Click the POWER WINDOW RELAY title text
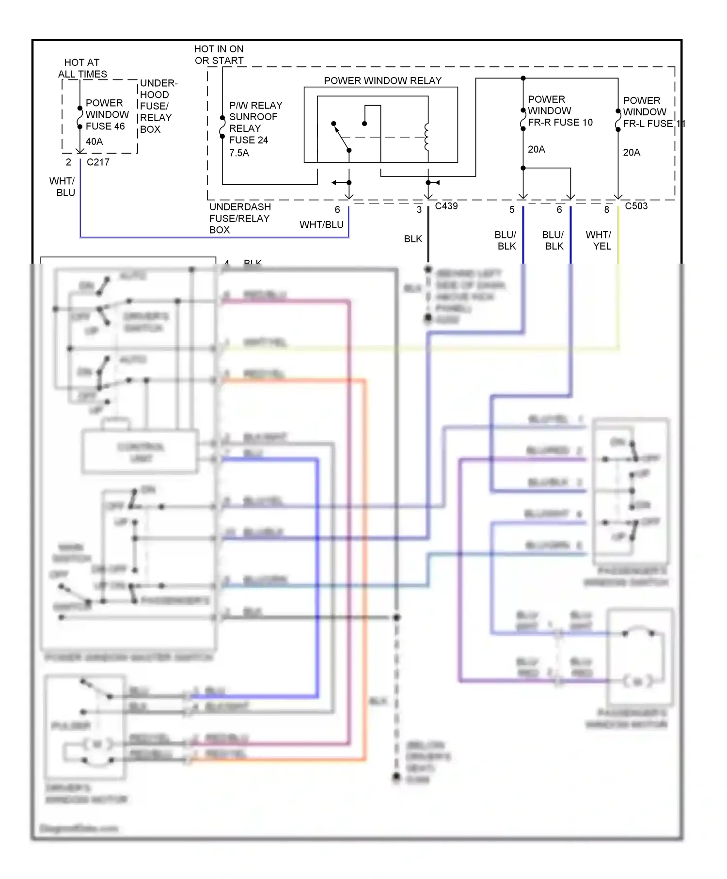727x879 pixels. coord(382,80)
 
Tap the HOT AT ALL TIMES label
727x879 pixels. coord(82,68)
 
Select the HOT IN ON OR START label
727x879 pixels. coord(219,55)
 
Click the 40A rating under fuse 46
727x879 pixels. coord(94,141)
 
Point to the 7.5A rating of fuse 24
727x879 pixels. coord(239,153)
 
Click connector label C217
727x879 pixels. coord(98,162)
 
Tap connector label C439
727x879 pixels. coord(446,206)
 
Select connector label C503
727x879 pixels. coord(636,206)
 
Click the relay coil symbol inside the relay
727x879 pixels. coord(427,137)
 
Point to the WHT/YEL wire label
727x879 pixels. coord(599,240)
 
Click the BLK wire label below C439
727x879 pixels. coord(413,239)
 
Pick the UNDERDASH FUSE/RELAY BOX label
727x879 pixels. coord(239,219)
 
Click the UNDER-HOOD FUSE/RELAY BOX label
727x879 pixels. coord(156,106)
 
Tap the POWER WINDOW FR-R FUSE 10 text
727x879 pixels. coord(559,111)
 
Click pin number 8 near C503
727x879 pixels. coord(606,210)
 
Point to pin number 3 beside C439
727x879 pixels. coord(419,210)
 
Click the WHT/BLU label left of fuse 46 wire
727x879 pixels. coord(63,187)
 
